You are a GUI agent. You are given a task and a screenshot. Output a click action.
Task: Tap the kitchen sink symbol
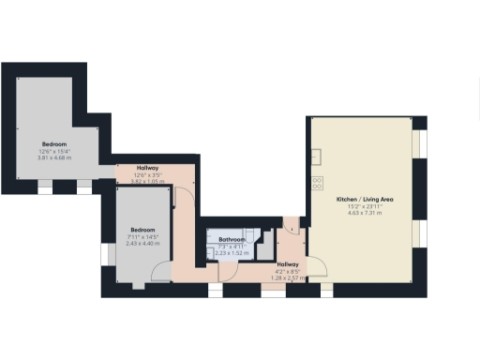point(318,156)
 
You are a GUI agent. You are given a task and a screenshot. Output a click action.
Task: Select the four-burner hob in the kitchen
point(318,183)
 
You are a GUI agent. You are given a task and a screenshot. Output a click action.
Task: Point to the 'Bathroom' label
point(232,240)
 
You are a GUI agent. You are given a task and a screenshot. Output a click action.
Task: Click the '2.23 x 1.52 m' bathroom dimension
point(232,253)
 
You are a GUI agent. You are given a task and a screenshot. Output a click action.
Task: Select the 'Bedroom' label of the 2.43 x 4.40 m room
point(142,230)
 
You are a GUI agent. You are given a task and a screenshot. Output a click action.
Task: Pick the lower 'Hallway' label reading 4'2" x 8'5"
point(262,265)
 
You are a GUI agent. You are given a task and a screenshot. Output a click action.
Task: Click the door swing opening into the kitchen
point(317,269)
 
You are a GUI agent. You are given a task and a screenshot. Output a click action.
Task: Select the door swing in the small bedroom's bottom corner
point(160,271)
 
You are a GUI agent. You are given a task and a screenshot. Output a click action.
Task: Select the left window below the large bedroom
point(46,188)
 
